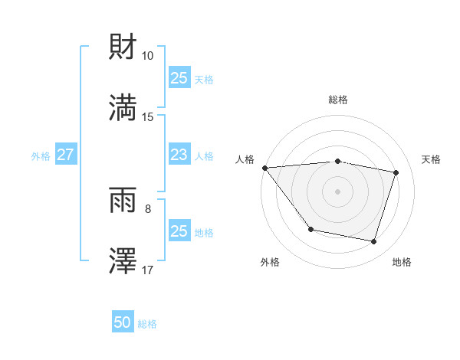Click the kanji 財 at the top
tap(123, 47)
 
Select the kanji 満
tap(123, 108)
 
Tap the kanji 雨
tap(123, 202)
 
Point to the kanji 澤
tap(123, 261)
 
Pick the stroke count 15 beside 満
tap(148, 116)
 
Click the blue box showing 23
tap(179, 155)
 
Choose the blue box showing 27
tap(65, 155)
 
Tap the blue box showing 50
tap(123, 322)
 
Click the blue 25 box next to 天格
tap(179, 78)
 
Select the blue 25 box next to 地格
tap(179, 231)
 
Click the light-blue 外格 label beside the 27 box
tap(41, 155)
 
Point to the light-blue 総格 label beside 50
tap(147, 324)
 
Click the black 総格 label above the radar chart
tap(337, 100)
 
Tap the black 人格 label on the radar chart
tap(245, 159)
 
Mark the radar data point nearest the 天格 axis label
tap(396, 172)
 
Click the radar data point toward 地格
tap(373, 242)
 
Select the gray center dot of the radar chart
tap(337, 191)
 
